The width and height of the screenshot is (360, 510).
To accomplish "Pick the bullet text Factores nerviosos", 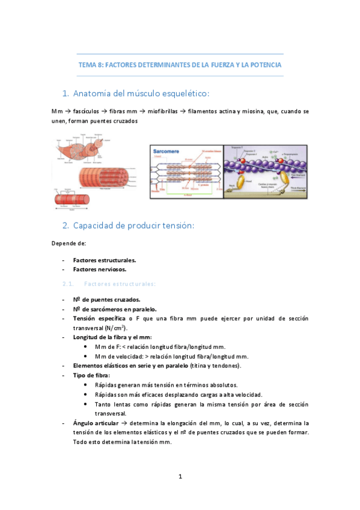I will click(100, 269).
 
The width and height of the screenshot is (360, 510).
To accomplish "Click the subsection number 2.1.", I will click(67, 283).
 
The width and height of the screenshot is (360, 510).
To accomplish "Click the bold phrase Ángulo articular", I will click(96, 423).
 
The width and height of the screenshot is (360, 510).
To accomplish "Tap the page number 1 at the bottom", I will click(180, 477).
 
